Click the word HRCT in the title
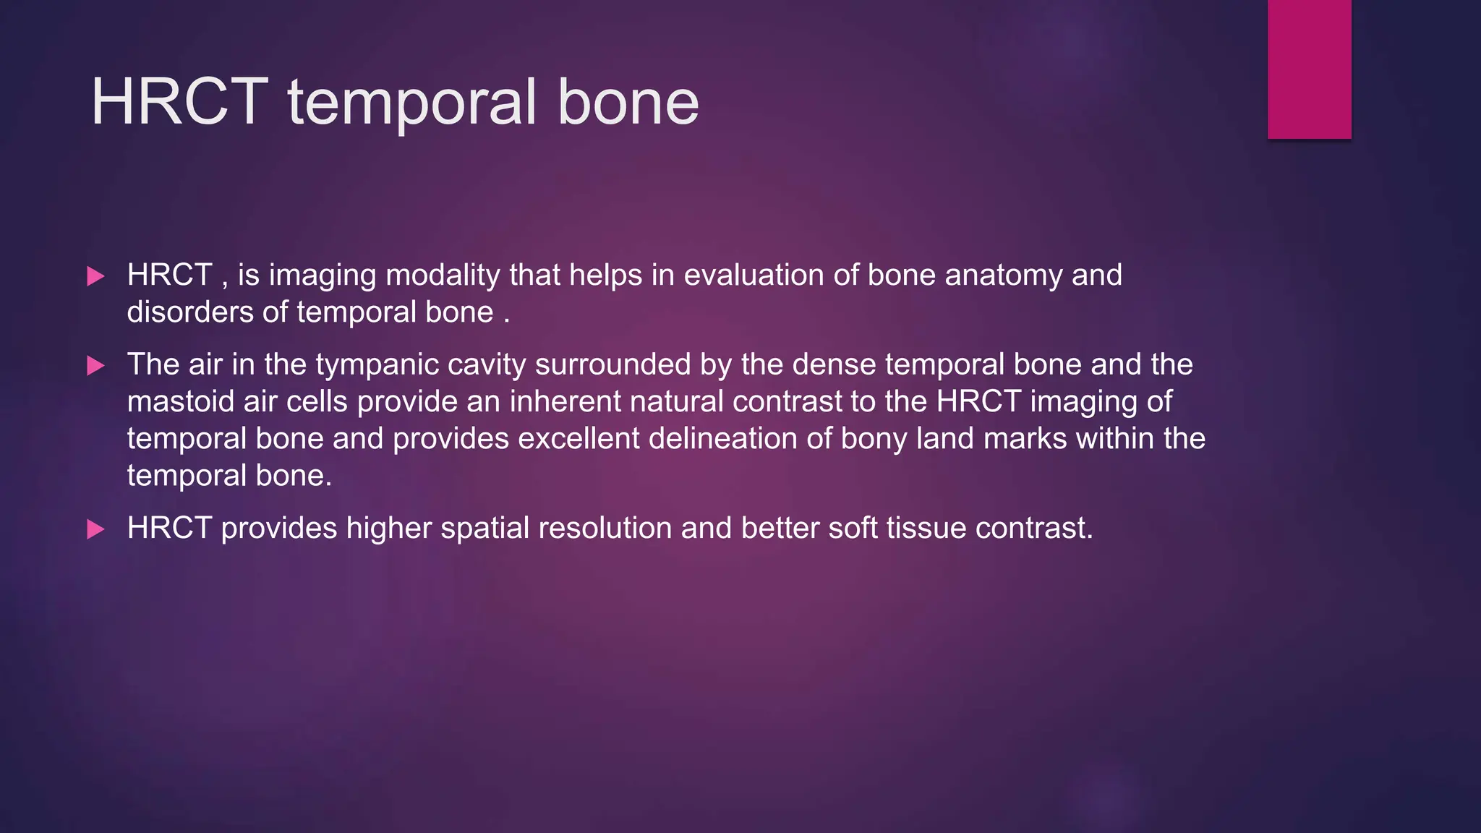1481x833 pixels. pyautogui.click(x=179, y=102)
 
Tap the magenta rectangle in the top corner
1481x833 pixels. pyautogui.click(x=1309, y=69)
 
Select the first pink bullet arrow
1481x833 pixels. pyautogui.click(x=95, y=276)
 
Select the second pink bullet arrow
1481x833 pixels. pyautogui.click(x=95, y=365)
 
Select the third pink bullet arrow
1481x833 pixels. pyautogui.click(x=95, y=529)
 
